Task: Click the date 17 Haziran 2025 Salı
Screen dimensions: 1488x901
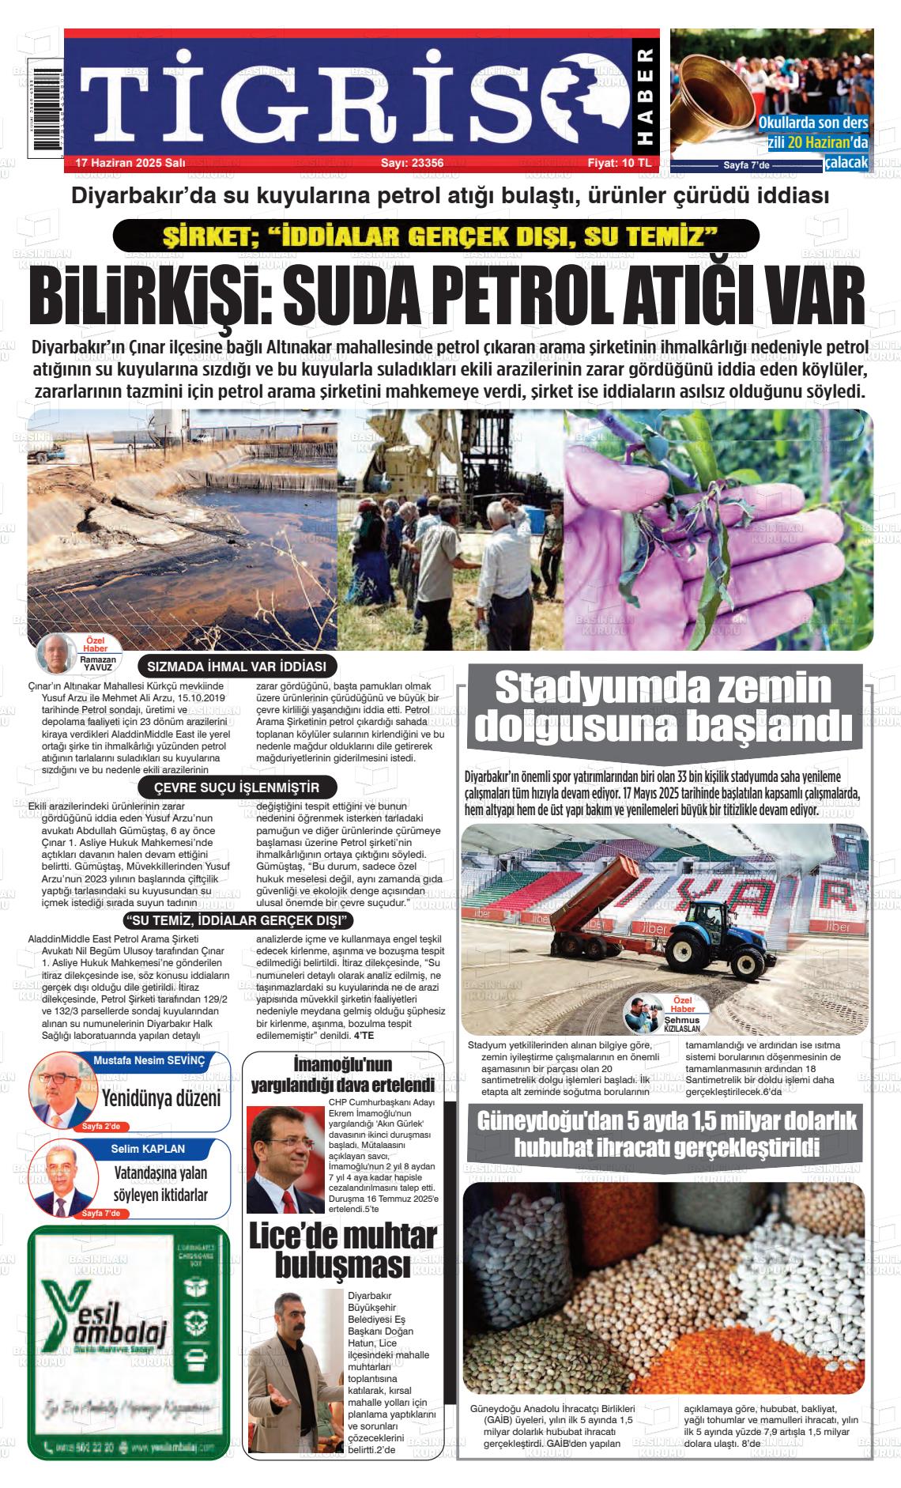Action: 130,163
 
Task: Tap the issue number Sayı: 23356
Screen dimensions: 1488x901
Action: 412,163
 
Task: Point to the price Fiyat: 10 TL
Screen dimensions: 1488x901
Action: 619,163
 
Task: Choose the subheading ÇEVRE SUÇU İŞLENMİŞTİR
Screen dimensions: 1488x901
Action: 236,788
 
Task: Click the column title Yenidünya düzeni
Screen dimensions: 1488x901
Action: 161,1098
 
